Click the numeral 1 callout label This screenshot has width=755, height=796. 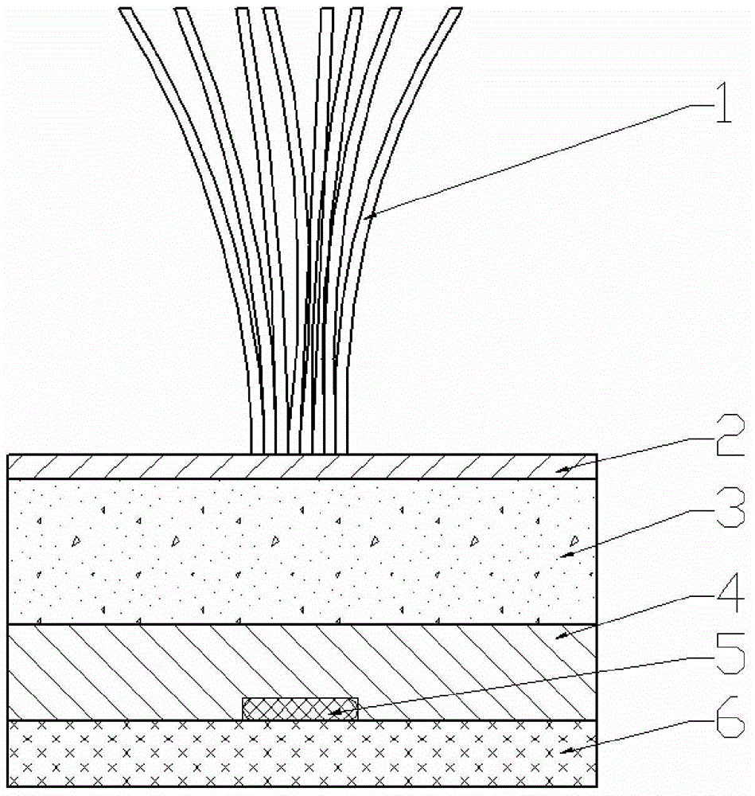tap(724, 103)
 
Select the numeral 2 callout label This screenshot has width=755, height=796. tap(730, 435)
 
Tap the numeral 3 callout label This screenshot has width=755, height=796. tap(730, 508)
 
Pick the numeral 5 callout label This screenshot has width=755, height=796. tap(730, 654)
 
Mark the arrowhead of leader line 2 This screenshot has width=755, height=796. tap(562, 470)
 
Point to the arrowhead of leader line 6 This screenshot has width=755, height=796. tap(566, 751)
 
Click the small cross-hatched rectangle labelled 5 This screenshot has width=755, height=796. tap(301, 708)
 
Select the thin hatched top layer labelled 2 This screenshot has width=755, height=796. tap(302, 466)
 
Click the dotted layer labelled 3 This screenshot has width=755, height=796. tap(302, 552)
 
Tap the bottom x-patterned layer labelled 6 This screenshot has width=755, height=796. tap(302, 753)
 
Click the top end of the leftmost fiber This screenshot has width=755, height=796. tap(126, 8)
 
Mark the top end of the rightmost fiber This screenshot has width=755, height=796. tap(456, 8)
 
